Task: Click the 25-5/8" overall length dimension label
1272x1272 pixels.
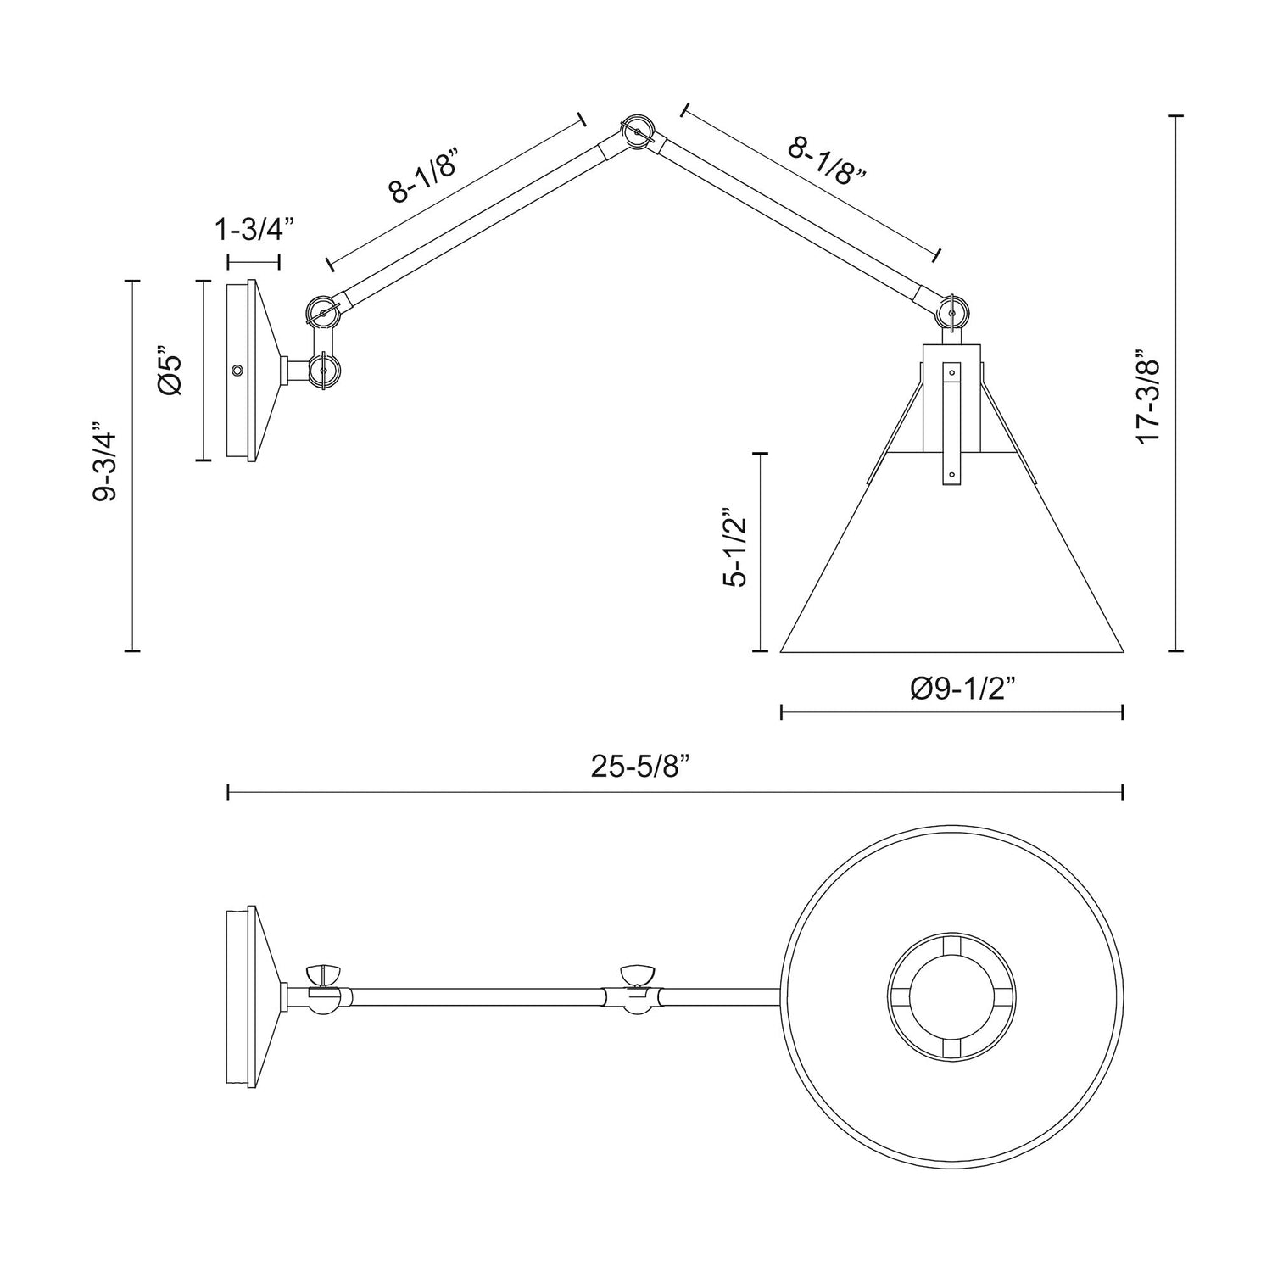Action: [640, 768]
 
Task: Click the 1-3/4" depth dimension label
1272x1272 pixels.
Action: [254, 229]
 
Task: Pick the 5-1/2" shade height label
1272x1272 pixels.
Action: [735, 548]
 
